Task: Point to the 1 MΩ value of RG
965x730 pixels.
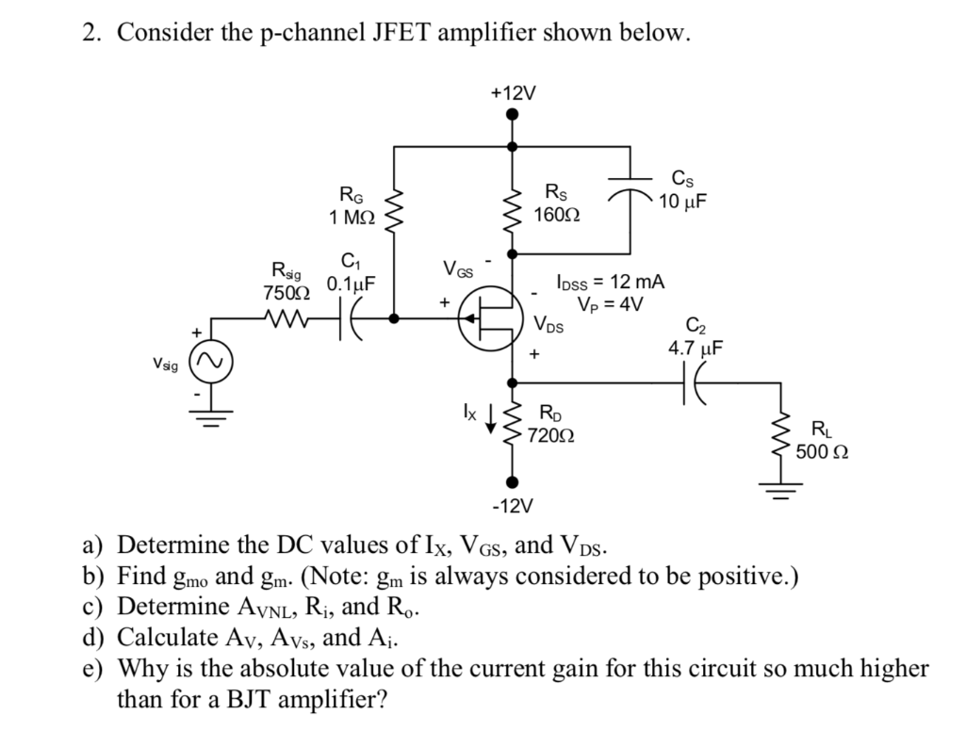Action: [352, 218]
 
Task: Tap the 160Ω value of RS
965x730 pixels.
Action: [557, 215]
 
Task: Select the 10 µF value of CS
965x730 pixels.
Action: [683, 202]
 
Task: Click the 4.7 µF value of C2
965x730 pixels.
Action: [695, 349]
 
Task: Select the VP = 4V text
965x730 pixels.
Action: [612, 303]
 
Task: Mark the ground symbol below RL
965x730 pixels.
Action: [779, 490]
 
